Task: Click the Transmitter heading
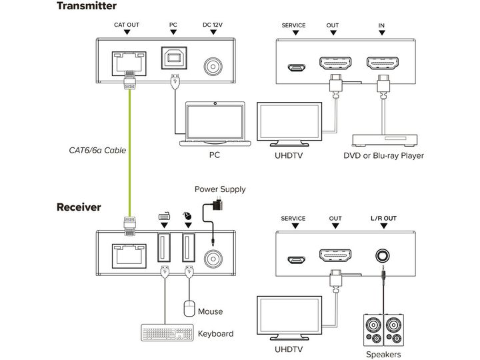click(x=87, y=6)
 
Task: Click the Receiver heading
click(x=79, y=207)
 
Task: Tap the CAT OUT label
click(x=127, y=25)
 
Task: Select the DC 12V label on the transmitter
click(x=213, y=25)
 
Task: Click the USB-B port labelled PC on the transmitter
click(x=174, y=58)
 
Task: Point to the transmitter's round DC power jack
click(x=213, y=67)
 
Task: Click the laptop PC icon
click(x=215, y=124)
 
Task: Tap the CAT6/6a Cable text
click(x=97, y=150)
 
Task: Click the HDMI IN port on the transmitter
click(x=383, y=63)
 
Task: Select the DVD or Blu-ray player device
click(x=385, y=140)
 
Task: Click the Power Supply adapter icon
click(x=217, y=204)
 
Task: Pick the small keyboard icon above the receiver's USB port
click(x=165, y=216)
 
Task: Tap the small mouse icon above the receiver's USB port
click(x=187, y=216)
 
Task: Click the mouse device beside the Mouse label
click(x=189, y=309)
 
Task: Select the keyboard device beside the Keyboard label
click(x=167, y=333)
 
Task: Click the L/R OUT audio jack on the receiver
click(x=383, y=255)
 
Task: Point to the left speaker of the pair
click(x=373, y=330)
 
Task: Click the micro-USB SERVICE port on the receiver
click(x=296, y=260)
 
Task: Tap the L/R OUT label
click(x=383, y=218)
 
